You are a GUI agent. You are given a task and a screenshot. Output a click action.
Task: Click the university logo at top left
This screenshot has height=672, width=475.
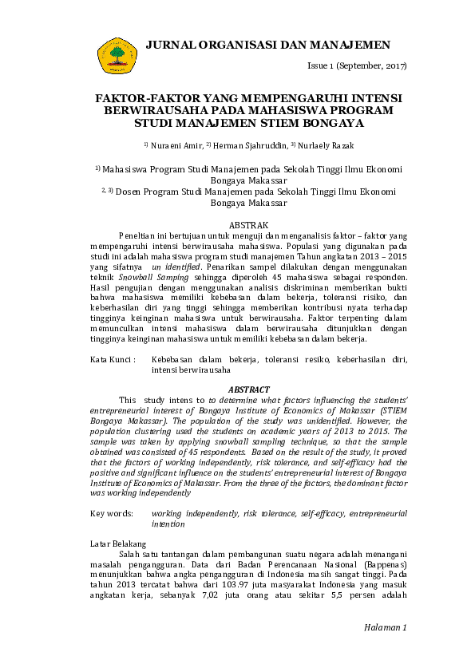click(x=117, y=53)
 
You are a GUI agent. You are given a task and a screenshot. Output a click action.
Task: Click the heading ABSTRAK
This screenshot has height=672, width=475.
click(x=248, y=226)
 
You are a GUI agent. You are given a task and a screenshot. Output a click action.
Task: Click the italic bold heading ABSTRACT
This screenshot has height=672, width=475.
click(x=248, y=389)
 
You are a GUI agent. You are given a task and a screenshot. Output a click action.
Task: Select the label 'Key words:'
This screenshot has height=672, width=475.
click(x=113, y=513)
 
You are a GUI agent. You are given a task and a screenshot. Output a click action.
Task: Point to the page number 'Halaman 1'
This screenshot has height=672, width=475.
click(x=385, y=627)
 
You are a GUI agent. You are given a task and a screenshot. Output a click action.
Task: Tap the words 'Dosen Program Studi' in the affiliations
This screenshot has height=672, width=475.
click(x=167, y=192)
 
